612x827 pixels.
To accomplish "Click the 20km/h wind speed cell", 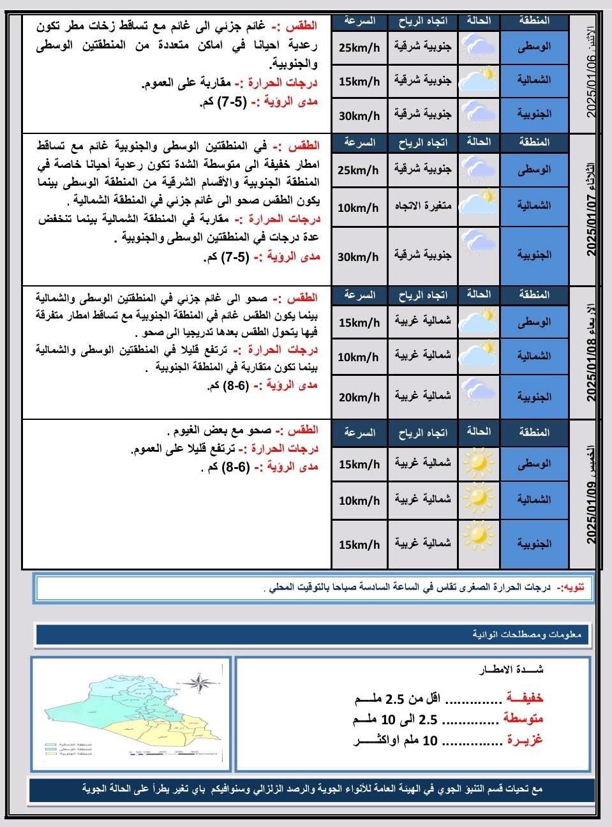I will tap(359, 397).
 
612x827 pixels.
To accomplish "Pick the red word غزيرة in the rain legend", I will tap(524, 740).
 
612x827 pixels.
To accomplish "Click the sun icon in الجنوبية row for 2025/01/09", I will tap(479, 536).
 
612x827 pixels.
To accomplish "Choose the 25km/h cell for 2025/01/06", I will tap(359, 47).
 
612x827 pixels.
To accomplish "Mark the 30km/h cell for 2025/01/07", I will tap(359, 257).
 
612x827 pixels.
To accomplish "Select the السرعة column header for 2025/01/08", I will tap(359, 295).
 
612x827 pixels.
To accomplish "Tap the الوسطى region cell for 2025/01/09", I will tap(534, 464).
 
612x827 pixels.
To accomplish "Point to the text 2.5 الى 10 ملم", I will tap(396, 720).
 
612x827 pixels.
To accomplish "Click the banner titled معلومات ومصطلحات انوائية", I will tap(313, 634).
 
